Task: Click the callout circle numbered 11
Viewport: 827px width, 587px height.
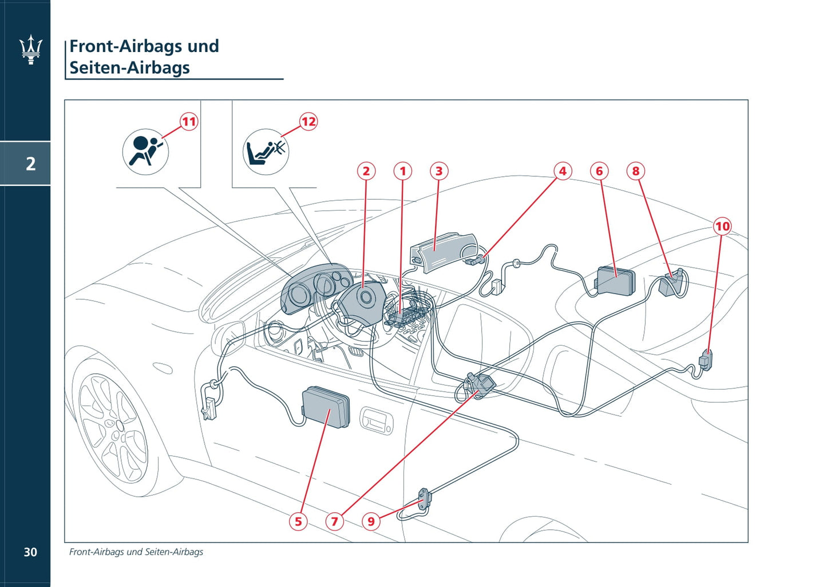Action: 189,121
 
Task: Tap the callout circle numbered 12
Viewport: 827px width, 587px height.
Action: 308,121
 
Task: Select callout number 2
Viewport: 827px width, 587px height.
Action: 366,171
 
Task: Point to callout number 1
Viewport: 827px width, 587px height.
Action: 403,171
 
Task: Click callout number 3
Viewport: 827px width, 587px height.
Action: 439,171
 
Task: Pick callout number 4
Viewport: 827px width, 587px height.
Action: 563,171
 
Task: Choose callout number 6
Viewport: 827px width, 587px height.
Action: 599,171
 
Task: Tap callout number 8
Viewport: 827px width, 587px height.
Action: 636,171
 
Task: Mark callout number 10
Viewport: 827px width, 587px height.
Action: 723,227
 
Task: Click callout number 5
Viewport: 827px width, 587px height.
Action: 298,521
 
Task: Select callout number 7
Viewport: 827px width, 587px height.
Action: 335,521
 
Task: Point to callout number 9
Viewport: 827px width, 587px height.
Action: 371,521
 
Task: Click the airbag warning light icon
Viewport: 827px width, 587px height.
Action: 145,152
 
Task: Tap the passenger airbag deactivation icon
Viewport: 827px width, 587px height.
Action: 266,152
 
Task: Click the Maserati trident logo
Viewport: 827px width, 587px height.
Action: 31,49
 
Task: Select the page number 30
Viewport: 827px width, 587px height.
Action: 30,552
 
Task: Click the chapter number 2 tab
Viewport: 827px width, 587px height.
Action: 31,164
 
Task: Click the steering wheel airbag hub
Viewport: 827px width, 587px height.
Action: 362,299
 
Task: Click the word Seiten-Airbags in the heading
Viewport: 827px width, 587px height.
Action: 130,68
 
